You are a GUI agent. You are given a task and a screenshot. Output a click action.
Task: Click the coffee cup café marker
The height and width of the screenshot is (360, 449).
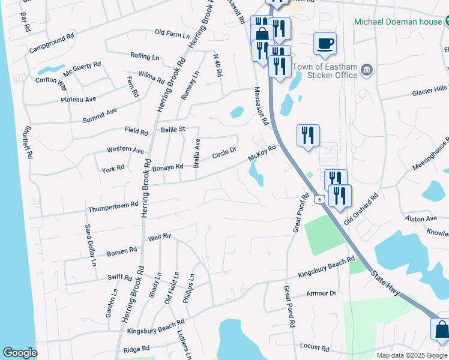click(x=325, y=43)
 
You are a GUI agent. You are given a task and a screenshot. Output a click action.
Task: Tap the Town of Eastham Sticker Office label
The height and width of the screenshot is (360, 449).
click(x=333, y=71)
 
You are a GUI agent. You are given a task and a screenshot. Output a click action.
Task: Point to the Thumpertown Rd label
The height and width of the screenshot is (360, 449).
click(x=109, y=208)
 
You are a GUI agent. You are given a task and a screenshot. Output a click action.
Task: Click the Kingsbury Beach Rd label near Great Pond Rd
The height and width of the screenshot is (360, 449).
click(x=327, y=268)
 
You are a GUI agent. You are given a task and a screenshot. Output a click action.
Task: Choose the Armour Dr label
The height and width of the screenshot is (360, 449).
click(x=321, y=293)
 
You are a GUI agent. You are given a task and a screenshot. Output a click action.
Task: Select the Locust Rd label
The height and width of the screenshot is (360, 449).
click(x=315, y=347)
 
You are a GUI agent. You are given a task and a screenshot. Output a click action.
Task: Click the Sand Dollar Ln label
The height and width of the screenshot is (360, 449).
click(x=89, y=245)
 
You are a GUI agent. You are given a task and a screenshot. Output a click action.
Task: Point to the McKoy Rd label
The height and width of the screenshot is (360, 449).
click(x=262, y=154)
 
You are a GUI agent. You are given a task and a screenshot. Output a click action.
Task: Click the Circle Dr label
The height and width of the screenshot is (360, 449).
click(x=225, y=154)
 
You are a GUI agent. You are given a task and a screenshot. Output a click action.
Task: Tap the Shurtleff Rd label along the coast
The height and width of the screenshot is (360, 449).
click(x=26, y=142)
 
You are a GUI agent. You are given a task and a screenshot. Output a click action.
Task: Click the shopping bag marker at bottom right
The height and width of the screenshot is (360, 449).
click(x=441, y=331)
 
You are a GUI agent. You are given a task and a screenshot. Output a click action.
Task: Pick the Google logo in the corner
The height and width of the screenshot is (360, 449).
click(x=20, y=353)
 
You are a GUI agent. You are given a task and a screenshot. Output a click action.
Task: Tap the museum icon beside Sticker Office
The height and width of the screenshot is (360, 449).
click(x=367, y=72)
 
